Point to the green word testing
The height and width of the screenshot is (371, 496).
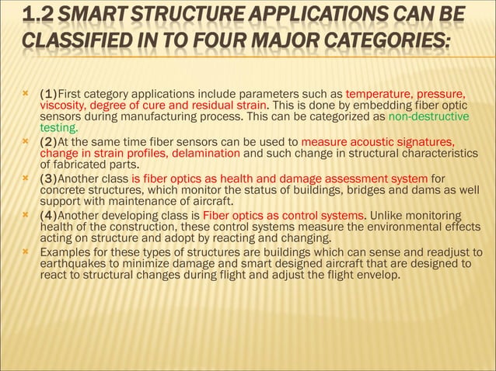(58, 128)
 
